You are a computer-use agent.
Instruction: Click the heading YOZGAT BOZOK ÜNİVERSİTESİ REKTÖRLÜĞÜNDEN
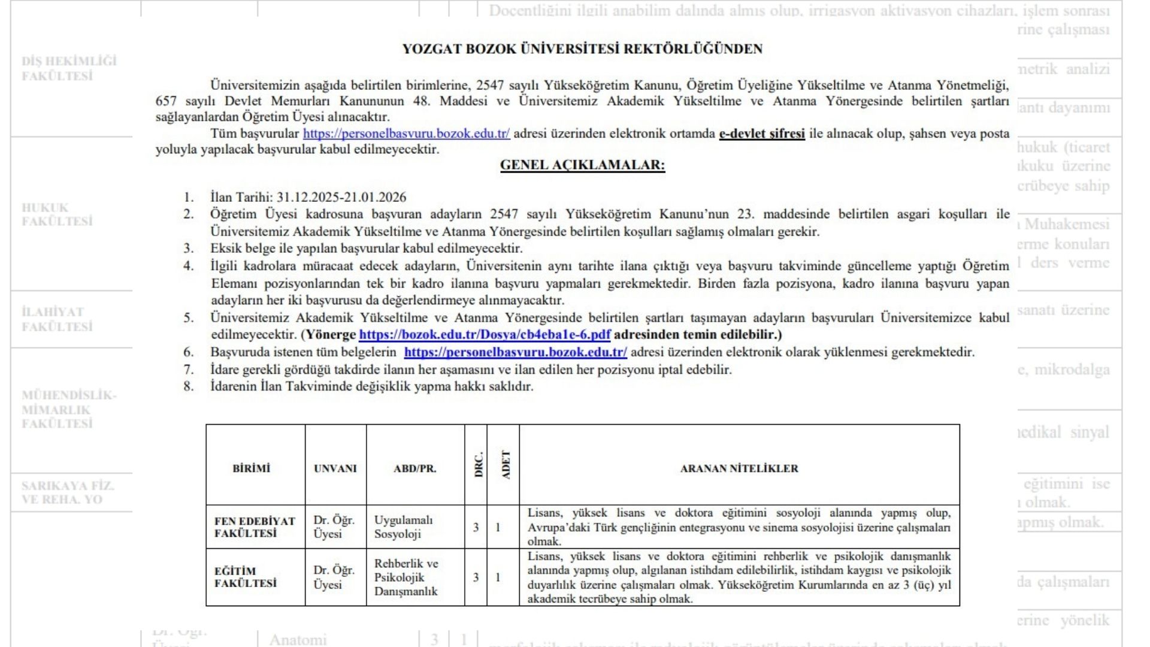tap(582, 49)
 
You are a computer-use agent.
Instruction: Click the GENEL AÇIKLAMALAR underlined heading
tap(582, 165)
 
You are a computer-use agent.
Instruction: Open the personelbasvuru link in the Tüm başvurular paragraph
tap(406, 134)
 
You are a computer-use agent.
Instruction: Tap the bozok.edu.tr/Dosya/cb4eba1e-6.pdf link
tap(485, 335)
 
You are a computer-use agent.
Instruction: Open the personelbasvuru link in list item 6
tap(515, 352)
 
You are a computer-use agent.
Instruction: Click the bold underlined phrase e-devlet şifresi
tap(762, 134)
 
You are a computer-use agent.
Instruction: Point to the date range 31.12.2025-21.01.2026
tap(341, 197)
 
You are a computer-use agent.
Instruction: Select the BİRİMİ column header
tap(252, 468)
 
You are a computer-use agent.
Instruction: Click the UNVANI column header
tap(335, 468)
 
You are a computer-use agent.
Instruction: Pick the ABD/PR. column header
tap(415, 468)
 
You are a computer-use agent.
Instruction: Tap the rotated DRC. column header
tap(478, 464)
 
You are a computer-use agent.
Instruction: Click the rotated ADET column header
tap(506, 464)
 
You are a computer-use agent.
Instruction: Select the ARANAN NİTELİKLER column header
tap(739, 468)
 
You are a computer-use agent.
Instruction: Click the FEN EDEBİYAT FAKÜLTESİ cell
tap(255, 527)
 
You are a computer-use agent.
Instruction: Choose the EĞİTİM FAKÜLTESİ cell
tap(246, 577)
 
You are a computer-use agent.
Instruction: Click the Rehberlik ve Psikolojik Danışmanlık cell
tap(406, 577)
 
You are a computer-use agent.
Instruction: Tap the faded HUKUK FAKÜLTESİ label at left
tap(57, 214)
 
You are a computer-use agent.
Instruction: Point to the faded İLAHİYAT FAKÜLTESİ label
tap(57, 319)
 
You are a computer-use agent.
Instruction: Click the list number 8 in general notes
tap(189, 386)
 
